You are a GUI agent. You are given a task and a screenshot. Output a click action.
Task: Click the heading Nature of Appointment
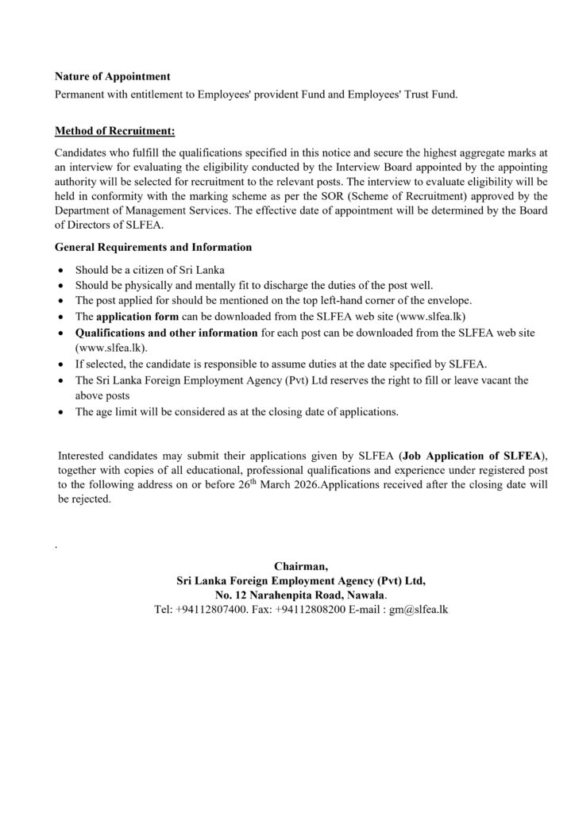[x=112, y=77]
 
